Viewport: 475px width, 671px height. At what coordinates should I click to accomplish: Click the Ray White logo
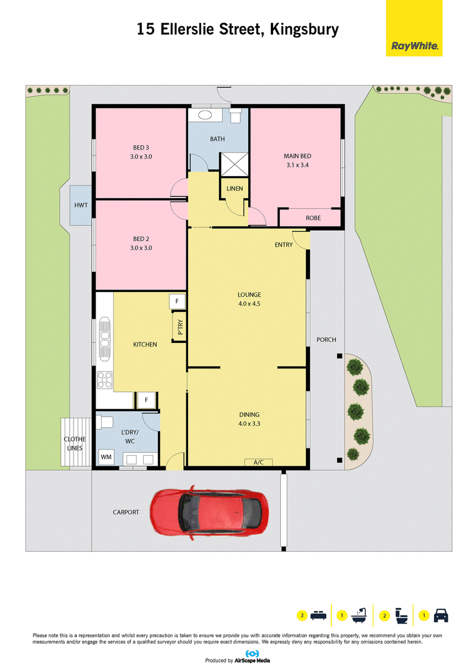click(414, 28)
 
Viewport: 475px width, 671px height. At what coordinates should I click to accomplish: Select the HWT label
click(81, 205)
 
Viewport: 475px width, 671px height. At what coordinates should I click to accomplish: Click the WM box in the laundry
click(106, 457)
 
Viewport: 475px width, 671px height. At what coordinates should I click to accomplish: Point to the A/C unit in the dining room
click(258, 462)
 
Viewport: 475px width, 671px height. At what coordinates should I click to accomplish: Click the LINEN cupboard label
click(235, 189)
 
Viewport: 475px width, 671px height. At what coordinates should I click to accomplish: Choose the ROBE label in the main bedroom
click(313, 218)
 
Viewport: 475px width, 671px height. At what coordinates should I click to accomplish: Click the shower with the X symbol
click(234, 164)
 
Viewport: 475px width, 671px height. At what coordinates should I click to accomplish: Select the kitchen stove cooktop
click(104, 380)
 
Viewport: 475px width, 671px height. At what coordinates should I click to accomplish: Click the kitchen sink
click(105, 339)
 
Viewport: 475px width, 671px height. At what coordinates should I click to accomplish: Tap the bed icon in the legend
click(318, 615)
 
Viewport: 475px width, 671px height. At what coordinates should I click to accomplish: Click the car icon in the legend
click(441, 615)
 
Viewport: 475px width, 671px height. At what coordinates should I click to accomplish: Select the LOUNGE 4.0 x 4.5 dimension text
click(249, 304)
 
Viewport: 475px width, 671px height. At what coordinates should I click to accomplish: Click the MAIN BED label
click(297, 156)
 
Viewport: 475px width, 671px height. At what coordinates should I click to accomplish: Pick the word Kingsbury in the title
click(304, 30)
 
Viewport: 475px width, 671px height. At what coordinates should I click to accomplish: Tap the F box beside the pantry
click(177, 301)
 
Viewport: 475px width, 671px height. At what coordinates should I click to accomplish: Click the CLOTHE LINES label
click(75, 443)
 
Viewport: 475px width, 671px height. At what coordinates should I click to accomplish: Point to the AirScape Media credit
click(252, 660)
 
